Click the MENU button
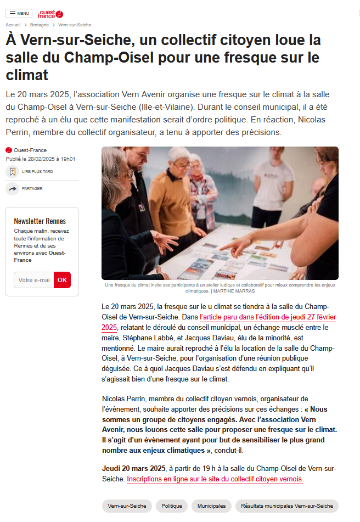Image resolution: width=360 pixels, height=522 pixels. [19, 13]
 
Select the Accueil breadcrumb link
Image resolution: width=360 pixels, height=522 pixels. [13, 25]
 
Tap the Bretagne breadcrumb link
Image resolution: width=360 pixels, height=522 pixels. [40, 25]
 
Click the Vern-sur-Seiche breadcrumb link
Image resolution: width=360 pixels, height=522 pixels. [75, 25]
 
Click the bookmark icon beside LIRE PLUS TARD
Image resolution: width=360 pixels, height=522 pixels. [12, 172]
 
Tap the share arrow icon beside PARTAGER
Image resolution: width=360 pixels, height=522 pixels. [12, 189]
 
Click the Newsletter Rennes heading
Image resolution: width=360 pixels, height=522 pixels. [40, 221]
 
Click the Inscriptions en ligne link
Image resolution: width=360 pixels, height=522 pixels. [215, 479]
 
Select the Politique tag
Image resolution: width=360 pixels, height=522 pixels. [172, 506]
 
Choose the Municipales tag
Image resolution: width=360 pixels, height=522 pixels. [211, 506]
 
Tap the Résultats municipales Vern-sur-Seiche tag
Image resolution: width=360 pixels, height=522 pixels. [286, 506]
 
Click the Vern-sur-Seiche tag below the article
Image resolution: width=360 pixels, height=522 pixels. [127, 506]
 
